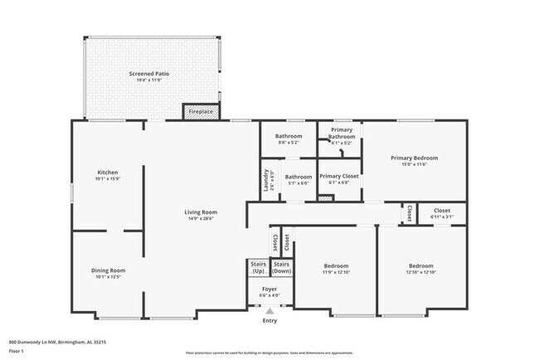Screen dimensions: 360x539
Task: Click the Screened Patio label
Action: click(148, 74)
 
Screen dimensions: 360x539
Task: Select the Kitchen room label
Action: click(107, 172)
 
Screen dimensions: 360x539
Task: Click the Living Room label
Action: click(201, 212)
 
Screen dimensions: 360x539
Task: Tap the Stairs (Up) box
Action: click(258, 268)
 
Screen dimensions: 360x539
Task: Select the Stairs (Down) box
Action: click(282, 268)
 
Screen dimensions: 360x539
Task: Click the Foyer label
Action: click(269, 290)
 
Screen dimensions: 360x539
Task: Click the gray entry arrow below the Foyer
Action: click(269, 311)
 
